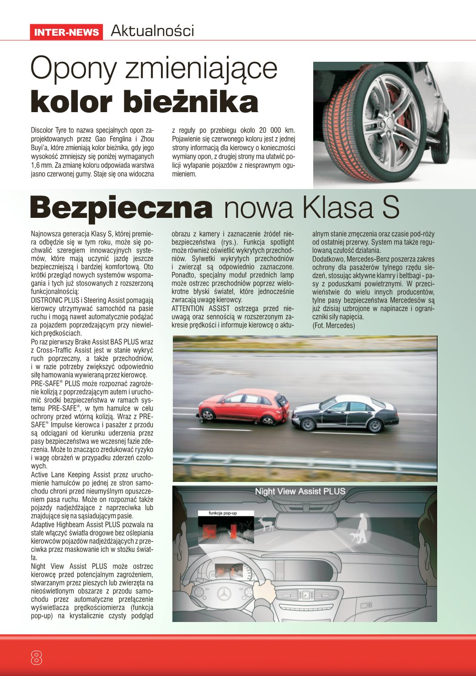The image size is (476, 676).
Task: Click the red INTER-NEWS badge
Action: [66, 32]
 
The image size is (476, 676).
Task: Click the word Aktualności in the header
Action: [152, 31]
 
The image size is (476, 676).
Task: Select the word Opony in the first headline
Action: [73, 69]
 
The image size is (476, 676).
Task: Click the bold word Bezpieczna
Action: [121, 208]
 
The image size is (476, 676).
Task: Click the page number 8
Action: [36, 658]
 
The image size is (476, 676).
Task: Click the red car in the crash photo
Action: [242, 406]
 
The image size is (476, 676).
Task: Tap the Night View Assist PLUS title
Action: [300, 492]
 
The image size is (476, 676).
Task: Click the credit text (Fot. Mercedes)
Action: [333, 325]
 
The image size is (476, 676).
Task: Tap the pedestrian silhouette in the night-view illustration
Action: [363, 523]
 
